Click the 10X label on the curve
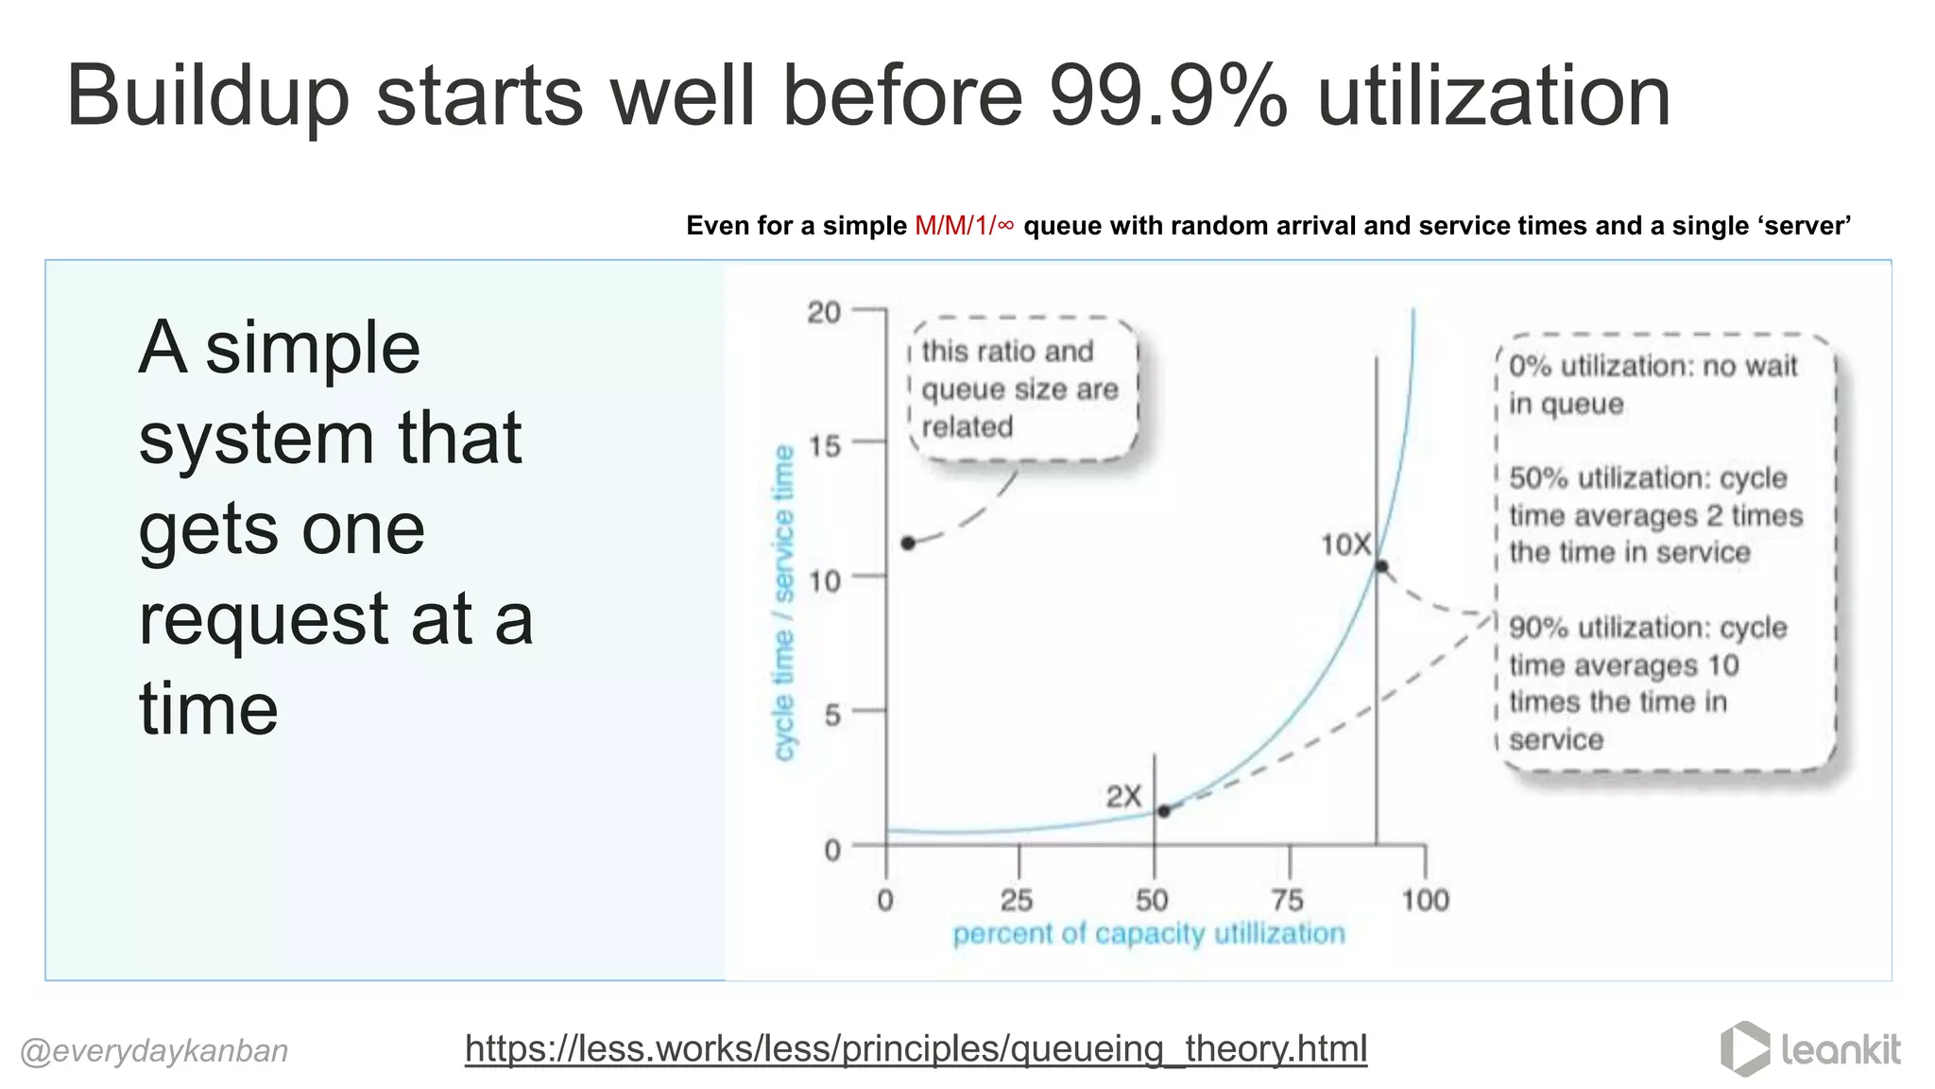[x=1345, y=544]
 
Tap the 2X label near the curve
[x=1123, y=797]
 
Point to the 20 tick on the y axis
[x=824, y=312]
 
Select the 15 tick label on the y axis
[x=824, y=445]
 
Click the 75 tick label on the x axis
[x=1286, y=900]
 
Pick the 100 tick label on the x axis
[x=1425, y=900]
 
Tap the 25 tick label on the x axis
[x=1017, y=900]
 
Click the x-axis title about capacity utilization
[x=1148, y=934]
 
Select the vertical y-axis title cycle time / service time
[x=783, y=602]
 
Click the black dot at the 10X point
[x=1381, y=566]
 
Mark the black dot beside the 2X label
[x=1164, y=811]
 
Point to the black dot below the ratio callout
[x=908, y=543]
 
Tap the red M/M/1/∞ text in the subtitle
[x=964, y=226]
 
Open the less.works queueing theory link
[x=916, y=1048]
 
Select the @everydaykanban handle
[x=154, y=1051]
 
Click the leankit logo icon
[x=1744, y=1048]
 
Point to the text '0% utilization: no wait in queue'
[x=1652, y=384]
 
